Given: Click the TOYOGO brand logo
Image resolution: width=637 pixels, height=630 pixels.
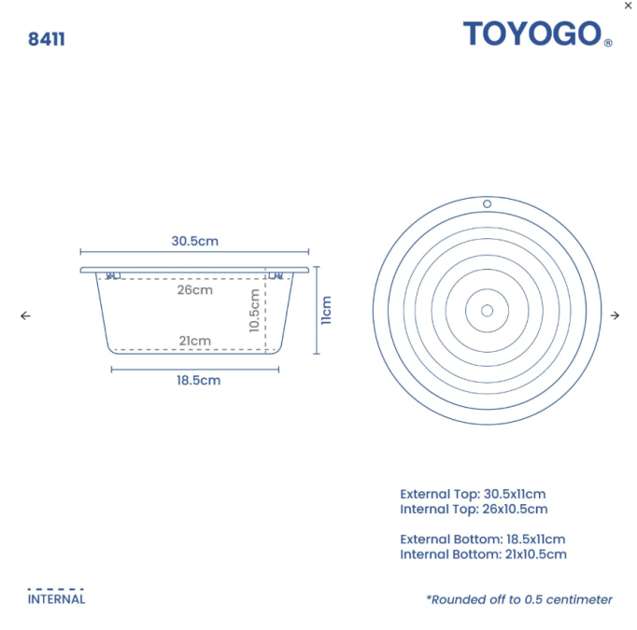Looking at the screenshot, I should pyautogui.click(x=532, y=35).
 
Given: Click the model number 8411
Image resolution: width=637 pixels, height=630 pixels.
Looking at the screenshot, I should pyautogui.click(x=47, y=39).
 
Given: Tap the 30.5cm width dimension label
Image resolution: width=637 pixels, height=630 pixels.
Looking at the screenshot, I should pyautogui.click(x=194, y=241).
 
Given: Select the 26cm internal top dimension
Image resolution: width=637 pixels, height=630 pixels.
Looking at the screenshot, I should pyautogui.click(x=194, y=289).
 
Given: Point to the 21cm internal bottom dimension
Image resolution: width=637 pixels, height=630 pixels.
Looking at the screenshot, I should pyautogui.click(x=194, y=341).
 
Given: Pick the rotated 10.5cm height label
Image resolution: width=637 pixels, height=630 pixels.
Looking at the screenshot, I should pyautogui.click(x=253, y=311).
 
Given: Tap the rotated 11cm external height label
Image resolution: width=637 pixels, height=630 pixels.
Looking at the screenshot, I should pyautogui.click(x=326, y=311).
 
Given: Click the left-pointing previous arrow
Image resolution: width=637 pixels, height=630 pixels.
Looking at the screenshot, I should pyautogui.click(x=25, y=315).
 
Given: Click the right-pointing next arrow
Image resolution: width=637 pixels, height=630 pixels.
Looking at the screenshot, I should pyautogui.click(x=615, y=315).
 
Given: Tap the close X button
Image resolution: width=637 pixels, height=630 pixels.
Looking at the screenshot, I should pyautogui.click(x=628, y=6).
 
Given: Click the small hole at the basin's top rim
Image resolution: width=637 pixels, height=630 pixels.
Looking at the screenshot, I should pyautogui.click(x=487, y=203).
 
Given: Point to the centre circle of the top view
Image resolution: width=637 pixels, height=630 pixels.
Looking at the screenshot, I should pyautogui.click(x=487, y=310).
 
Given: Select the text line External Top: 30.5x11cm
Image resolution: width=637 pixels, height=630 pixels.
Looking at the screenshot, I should pyautogui.click(x=473, y=494).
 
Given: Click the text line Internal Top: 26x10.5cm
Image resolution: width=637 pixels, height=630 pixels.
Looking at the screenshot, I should pyautogui.click(x=474, y=509).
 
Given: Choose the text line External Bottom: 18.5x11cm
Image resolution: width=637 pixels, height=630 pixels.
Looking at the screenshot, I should pyautogui.click(x=482, y=539).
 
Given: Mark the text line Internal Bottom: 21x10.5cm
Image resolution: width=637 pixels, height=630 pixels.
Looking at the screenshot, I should pyautogui.click(x=483, y=553).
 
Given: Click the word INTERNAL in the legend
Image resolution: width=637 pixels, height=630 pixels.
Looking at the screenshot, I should pyautogui.click(x=56, y=599).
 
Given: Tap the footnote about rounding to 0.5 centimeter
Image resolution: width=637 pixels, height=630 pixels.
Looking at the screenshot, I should pyautogui.click(x=519, y=599).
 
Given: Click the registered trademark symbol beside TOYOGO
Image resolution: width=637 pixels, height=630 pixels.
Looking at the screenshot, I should pyautogui.click(x=608, y=43).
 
